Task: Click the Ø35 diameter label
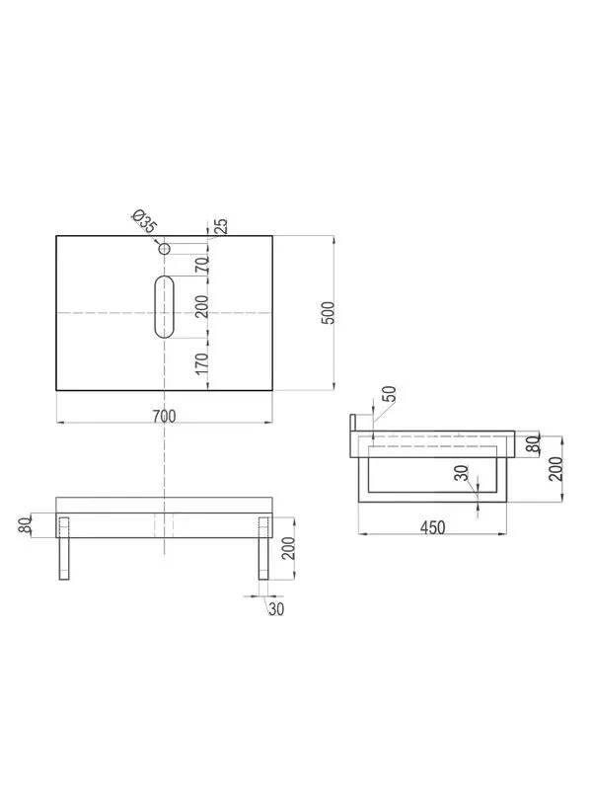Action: tap(144, 222)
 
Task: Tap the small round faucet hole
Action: tap(164, 249)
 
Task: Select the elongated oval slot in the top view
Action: tap(164, 307)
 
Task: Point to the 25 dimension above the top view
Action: tap(221, 225)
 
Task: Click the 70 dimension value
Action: tap(202, 265)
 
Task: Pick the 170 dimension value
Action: tap(202, 363)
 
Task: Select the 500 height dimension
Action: tap(328, 313)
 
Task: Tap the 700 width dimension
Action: tap(164, 417)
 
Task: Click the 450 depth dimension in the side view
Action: tap(433, 527)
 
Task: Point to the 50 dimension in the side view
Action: tap(390, 393)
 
